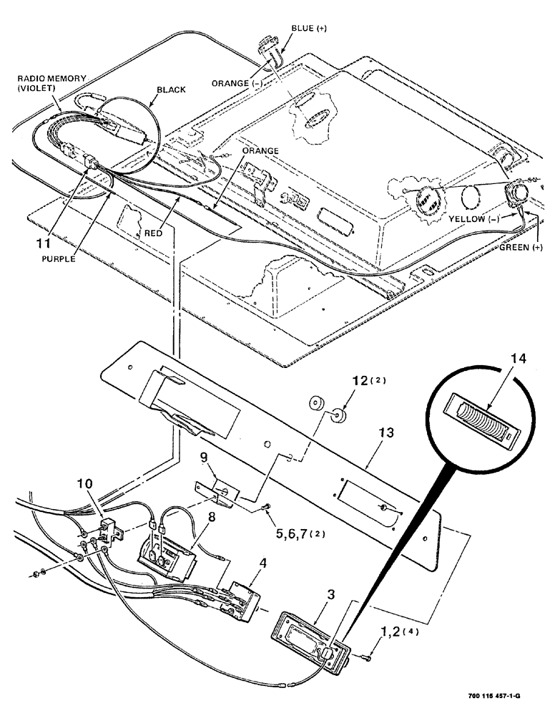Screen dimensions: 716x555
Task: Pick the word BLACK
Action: [171, 89]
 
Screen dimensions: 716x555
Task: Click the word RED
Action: [152, 233]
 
